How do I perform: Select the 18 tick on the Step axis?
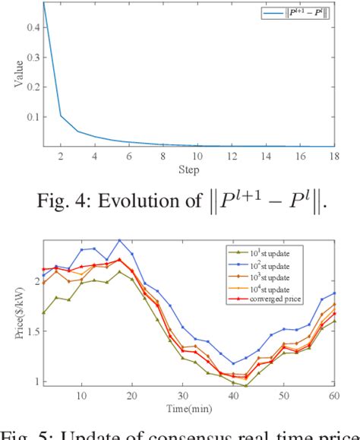(333, 157)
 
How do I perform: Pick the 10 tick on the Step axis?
(196, 157)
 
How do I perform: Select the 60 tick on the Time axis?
(333, 394)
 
